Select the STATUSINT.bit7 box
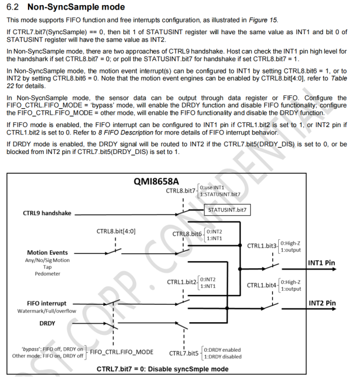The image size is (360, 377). [227, 210]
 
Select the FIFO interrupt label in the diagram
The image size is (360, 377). [48, 304]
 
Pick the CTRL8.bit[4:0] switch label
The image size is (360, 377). [116, 230]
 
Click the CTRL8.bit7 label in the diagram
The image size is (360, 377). [181, 190]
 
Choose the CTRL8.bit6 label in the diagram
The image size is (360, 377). [188, 234]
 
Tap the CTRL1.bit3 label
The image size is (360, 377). [262, 246]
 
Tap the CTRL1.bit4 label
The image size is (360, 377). [262, 285]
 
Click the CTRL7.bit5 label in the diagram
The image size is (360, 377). [184, 353]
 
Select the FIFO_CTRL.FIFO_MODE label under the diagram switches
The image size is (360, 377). [121, 352]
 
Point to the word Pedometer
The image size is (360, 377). [48, 274]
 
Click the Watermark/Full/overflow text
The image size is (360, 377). [48, 311]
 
